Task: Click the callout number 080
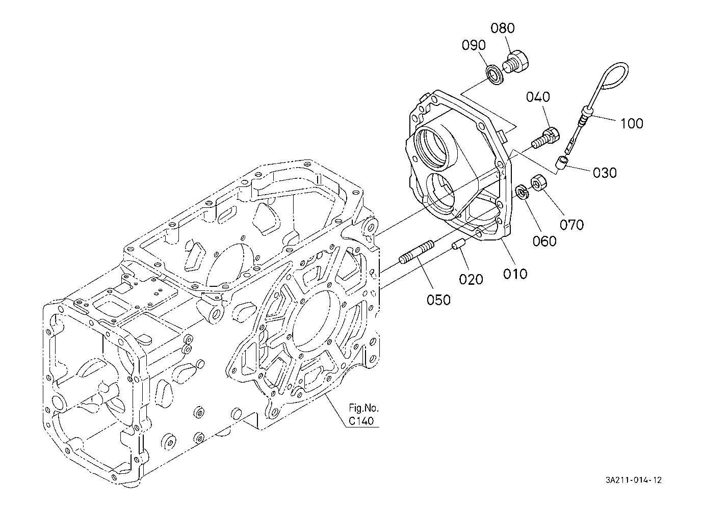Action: [503, 28]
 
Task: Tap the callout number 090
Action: [474, 45]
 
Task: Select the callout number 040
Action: [538, 97]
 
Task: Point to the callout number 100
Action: [632, 124]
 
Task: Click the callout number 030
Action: [605, 173]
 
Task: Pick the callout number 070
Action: [572, 225]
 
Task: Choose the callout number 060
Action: [544, 241]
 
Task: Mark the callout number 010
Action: [515, 274]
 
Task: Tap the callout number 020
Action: [471, 279]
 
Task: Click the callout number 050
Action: [438, 300]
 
